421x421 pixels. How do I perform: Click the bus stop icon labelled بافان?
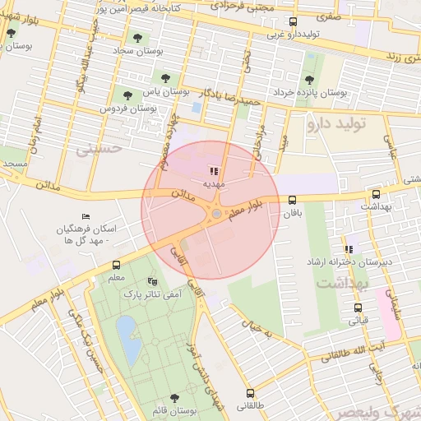(292, 200)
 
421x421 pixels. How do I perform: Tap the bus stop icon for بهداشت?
(376, 195)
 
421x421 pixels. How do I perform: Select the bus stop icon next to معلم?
(116, 265)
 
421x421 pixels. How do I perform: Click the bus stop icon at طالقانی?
(251, 393)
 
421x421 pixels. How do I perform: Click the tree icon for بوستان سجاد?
(136, 37)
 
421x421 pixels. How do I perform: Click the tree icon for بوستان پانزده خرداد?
(308, 80)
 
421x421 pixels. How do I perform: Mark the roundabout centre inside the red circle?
(215, 214)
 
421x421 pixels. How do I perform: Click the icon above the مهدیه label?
(214, 172)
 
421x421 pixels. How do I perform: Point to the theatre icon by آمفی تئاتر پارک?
(151, 280)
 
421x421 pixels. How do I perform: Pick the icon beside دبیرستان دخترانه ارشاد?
(349, 248)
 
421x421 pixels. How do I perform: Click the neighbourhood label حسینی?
(98, 150)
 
